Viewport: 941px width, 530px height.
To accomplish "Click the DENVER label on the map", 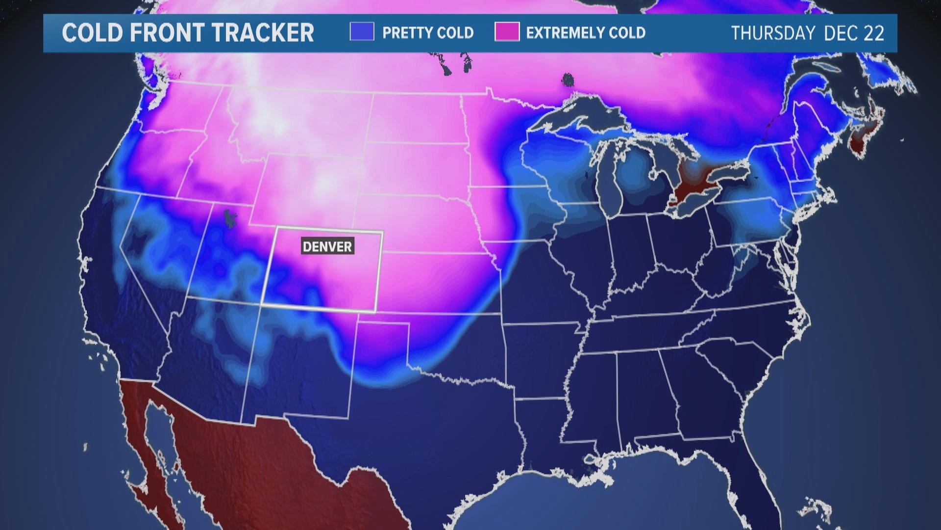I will (x=327, y=246).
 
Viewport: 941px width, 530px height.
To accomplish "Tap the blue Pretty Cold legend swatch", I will (x=362, y=32).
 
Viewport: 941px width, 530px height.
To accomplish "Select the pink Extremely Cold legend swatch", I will (x=507, y=32).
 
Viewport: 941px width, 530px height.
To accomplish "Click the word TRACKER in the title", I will (x=263, y=33).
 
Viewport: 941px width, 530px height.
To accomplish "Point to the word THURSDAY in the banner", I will (x=773, y=33).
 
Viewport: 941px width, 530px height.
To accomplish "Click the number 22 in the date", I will (x=874, y=33).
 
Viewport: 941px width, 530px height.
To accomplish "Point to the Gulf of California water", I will (x=164, y=442).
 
